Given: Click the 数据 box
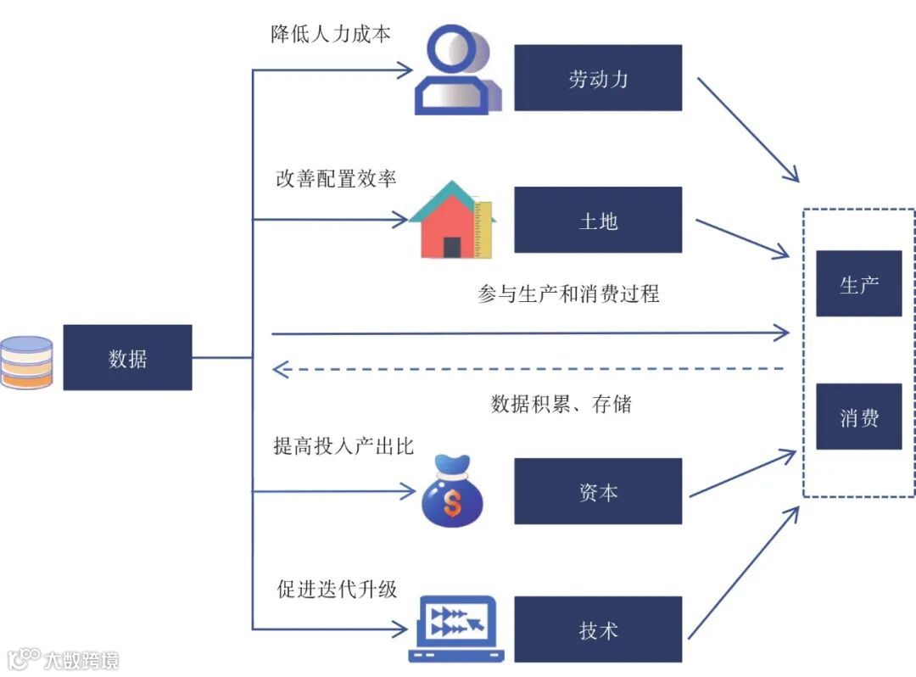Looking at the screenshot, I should point(127,358).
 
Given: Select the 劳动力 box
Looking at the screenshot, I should point(598,78).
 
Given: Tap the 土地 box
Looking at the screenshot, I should point(598,221).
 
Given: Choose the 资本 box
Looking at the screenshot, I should point(598,492).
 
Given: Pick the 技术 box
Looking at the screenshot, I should point(598,630).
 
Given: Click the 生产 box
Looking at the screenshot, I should point(858,284).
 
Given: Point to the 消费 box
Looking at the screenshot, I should point(858,417).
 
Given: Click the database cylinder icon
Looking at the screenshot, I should point(26,362).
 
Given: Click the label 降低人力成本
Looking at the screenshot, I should point(330,35).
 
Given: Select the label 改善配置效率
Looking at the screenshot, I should point(336,179).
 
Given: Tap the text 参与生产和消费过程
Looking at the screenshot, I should point(568,294).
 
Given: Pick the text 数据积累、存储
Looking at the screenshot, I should point(561,404).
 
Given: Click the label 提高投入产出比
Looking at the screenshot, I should point(343,446).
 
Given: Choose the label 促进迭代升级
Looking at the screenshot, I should point(337,588).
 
